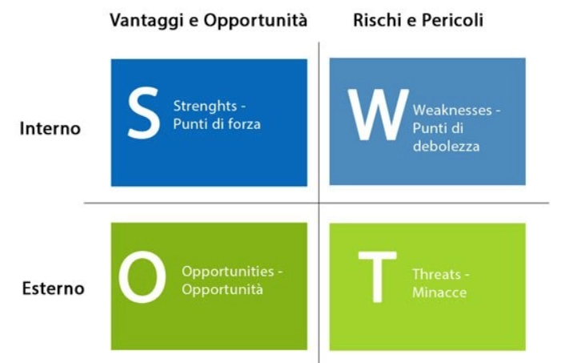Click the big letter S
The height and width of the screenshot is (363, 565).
coord(144,113)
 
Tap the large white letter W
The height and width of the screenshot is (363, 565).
coord(379,115)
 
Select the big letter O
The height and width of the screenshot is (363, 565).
coord(142,276)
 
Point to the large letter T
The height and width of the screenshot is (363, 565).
coord(377,277)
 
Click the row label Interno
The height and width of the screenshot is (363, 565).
coord(50,128)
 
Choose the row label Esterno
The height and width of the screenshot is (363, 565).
coord(54,288)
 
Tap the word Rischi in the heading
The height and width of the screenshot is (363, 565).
coord(378,20)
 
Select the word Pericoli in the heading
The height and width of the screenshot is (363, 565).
coord(453,20)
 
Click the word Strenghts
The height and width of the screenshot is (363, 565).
coord(205,107)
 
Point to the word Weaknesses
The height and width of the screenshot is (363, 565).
coord(452,110)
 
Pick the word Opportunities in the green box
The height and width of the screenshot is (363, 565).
coord(228,272)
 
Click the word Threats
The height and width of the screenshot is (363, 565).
coord(436,275)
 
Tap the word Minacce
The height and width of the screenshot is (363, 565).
coord(439,292)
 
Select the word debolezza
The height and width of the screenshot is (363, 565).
coord(446,146)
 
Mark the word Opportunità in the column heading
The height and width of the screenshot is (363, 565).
coord(255,21)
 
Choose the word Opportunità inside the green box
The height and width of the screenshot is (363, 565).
coord(222,289)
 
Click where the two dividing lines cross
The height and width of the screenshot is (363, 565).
coord(319,204)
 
